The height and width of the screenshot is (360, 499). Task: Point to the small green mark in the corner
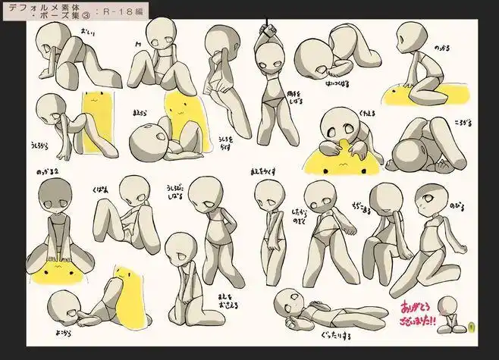click(x=472, y=328)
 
